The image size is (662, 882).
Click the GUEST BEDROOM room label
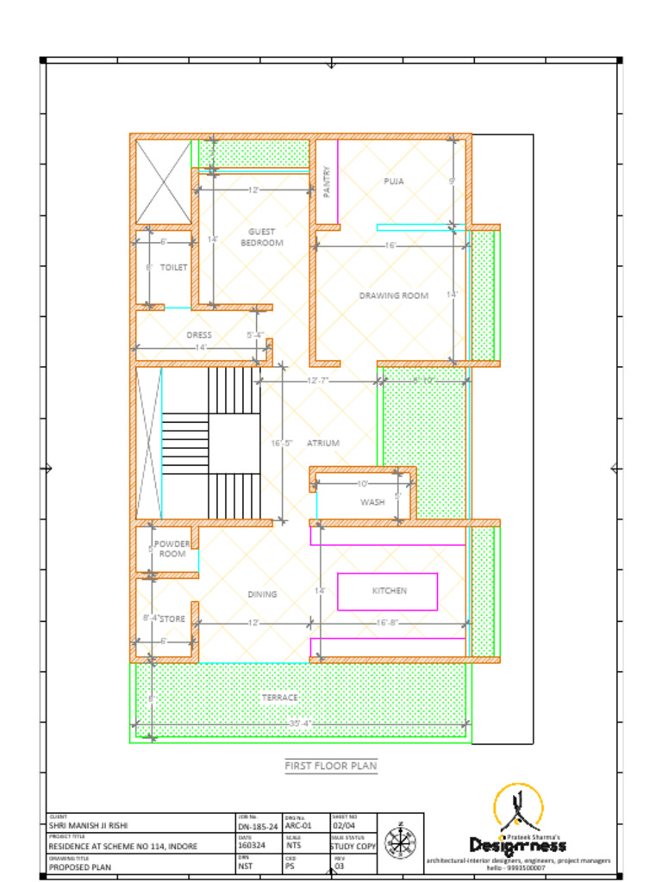262,238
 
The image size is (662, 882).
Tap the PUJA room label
394,181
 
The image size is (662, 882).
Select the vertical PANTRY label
327,183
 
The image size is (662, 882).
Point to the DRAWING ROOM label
394,295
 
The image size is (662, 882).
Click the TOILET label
173,268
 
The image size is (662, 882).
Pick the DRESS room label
199,335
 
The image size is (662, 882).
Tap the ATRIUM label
323,443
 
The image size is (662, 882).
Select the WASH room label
372,502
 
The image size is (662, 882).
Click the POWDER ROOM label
172,549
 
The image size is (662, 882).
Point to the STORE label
173,618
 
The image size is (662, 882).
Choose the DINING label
263,594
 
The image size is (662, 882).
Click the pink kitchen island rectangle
387,591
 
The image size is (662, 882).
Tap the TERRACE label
279,697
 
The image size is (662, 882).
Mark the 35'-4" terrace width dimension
301,724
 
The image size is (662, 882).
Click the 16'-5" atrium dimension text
282,443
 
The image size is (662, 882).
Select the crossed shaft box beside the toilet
164,182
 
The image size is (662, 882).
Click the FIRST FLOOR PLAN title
331,766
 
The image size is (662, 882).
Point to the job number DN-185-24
258,825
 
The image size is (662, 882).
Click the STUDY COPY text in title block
353,846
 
